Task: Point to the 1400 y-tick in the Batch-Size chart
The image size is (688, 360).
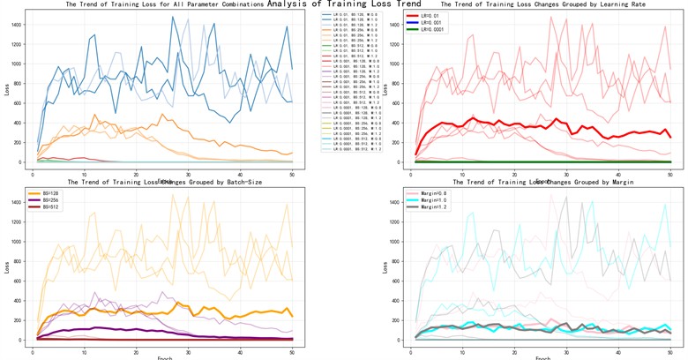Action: click(x=18, y=202)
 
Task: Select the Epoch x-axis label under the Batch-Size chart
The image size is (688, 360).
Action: click(x=165, y=357)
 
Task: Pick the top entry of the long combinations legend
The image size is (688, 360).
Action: click(x=353, y=15)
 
